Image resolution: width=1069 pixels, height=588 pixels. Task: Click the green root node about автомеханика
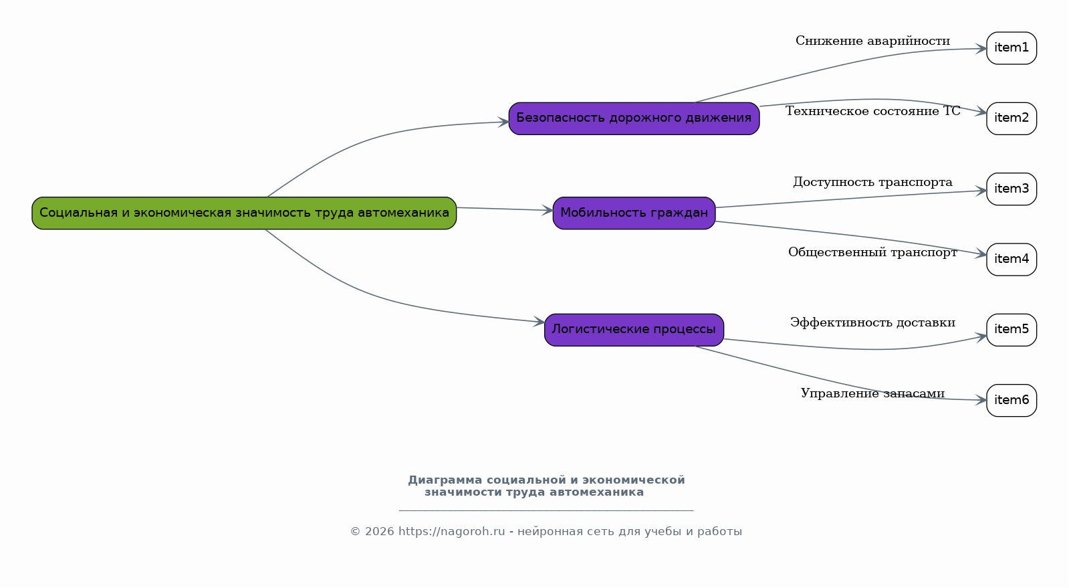pyautogui.click(x=244, y=213)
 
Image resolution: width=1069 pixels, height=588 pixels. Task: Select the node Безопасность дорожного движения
pyautogui.click(x=634, y=118)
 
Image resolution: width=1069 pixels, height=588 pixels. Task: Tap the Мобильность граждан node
pyautogui.click(x=634, y=213)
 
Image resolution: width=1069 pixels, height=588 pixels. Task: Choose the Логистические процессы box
pyautogui.click(x=634, y=330)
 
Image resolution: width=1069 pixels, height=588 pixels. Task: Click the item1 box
pyautogui.click(x=1012, y=47)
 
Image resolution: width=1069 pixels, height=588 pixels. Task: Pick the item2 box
pyautogui.click(x=1012, y=118)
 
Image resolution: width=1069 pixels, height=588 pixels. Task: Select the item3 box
pyautogui.click(x=1012, y=189)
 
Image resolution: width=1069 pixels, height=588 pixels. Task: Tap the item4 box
pyautogui.click(x=1012, y=260)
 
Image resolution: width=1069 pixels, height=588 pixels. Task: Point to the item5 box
pyautogui.click(x=1012, y=330)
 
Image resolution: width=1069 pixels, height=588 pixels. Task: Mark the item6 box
pyautogui.click(x=1012, y=400)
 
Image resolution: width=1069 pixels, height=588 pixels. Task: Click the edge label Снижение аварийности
pyautogui.click(x=872, y=41)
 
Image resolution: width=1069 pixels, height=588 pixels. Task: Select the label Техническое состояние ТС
pyautogui.click(x=872, y=111)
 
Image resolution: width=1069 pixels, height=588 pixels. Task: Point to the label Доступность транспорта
pyautogui.click(x=872, y=183)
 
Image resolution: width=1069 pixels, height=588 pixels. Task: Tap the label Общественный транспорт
pyautogui.click(x=872, y=252)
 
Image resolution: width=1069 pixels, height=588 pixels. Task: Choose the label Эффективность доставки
pyautogui.click(x=872, y=323)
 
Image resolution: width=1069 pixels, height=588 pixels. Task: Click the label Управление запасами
pyautogui.click(x=872, y=393)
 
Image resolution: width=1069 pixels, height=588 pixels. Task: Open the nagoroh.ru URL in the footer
pyautogui.click(x=451, y=532)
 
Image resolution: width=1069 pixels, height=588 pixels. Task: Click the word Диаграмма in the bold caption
pyautogui.click(x=445, y=480)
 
